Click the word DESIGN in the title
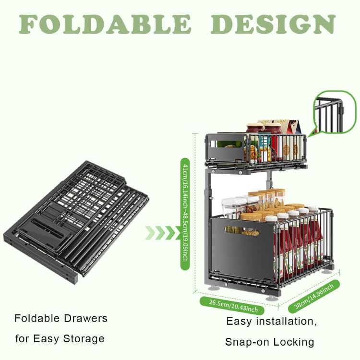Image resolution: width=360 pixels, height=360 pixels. (x=273, y=24)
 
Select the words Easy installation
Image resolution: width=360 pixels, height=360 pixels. (x=271, y=322)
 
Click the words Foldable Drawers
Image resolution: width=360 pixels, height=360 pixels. (x=61, y=318)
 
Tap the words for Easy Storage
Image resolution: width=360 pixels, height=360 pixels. (x=60, y=338)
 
